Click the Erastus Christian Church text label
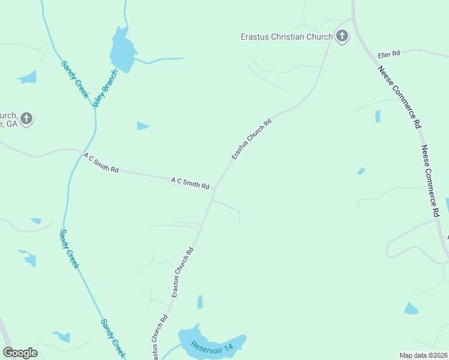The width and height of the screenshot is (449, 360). click(286, 37)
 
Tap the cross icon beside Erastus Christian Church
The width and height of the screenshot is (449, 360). click(342, 36)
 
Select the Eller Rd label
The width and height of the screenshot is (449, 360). click(388, 55)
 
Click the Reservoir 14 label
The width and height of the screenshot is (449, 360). click(211, 347)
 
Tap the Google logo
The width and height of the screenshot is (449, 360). click(20, 352)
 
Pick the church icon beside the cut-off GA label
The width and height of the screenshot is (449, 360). click(26, 118)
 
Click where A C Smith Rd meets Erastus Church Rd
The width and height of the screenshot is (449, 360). click(215, 188)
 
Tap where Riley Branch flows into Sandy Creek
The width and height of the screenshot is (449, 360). click(94, 107)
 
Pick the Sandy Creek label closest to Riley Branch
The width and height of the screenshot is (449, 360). click(74, 79)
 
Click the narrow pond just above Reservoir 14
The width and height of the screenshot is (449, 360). click(200, 301)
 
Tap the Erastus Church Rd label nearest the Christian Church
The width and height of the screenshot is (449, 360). click(252, 139)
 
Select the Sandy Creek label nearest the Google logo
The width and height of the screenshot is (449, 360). click(112, 337)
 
